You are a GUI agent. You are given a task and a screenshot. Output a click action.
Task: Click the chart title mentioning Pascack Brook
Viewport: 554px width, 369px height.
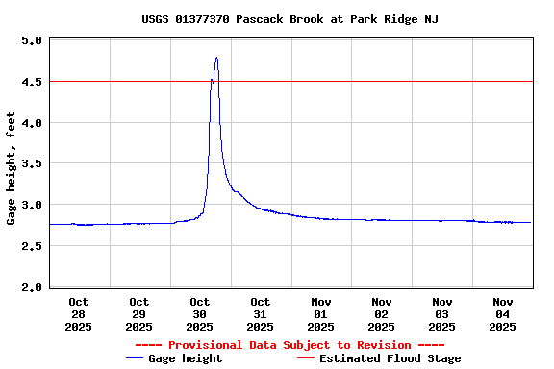coord(290,19)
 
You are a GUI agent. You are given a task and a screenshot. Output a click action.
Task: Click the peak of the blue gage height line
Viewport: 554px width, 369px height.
coord(216,58)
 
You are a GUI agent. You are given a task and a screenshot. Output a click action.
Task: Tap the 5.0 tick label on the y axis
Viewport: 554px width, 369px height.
coord(31,41)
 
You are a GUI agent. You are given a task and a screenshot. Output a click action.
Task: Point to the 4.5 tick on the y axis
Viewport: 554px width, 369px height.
coord(31,82)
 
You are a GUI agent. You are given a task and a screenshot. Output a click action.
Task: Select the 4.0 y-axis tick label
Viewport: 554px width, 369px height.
coord(31,123)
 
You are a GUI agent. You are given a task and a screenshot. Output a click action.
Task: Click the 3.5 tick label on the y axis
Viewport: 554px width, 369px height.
coord(31,164)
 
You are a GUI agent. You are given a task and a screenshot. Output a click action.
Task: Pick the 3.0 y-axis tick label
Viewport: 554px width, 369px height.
coord(31,206)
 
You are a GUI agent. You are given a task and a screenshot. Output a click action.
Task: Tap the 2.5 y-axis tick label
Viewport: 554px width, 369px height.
coord(31,247)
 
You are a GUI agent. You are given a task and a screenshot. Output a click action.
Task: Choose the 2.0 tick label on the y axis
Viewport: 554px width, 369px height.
coord(31,287)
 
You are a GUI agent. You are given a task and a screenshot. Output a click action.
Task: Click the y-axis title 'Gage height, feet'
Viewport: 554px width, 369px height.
coord(12,168)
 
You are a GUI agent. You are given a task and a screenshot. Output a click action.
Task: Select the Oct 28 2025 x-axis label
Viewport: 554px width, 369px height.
coord(79,314)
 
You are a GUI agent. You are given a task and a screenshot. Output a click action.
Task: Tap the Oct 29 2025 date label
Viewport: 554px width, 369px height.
coord(139,314)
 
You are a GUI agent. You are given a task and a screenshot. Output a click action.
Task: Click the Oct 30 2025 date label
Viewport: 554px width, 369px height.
coord(200,314)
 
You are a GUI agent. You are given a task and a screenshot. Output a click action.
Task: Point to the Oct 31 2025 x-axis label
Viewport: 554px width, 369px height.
coord(261,314)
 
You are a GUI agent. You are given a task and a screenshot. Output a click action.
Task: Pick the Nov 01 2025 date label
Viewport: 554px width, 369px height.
coord(321,314)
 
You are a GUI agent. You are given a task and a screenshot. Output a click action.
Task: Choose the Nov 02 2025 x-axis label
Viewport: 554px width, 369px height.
coord(382,314)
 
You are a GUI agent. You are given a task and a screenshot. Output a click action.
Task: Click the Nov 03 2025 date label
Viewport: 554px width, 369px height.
coord(442,314)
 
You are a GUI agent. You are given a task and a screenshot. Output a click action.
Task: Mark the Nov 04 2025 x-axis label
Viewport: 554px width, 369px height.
coord(503,314)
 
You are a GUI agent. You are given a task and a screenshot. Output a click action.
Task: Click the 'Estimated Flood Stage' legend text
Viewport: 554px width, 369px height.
coord(390,358)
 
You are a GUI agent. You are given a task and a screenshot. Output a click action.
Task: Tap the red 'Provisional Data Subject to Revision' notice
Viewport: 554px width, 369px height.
coord(290,345)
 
